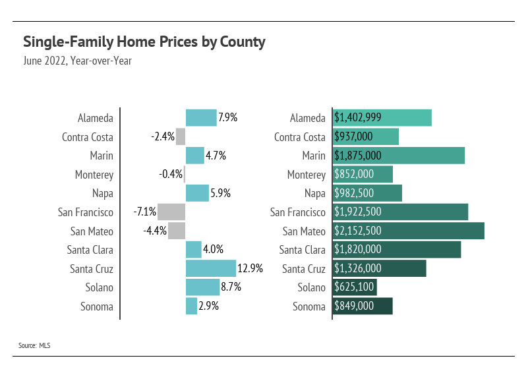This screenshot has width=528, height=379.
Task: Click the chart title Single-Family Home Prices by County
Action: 144,42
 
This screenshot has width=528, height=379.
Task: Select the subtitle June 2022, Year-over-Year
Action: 77,61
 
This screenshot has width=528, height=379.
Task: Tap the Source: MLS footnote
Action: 34,345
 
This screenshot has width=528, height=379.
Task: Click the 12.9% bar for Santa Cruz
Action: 211,268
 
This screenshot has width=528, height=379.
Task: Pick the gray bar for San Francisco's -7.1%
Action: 171,212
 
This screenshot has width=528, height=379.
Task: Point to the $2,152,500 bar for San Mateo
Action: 409,231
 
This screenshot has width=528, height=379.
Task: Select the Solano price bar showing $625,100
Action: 355,287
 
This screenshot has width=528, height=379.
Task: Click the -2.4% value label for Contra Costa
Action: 163,136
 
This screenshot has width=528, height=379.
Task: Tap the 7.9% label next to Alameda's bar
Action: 227,117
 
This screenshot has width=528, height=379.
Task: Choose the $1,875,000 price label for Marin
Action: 358,156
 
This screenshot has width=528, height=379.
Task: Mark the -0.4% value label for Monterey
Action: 171,174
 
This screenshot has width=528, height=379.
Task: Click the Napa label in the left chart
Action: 103,194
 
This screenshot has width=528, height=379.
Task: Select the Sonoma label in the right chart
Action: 309,306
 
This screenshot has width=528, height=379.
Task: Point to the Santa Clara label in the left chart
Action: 90,250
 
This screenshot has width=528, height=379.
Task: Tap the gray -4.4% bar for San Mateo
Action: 177,231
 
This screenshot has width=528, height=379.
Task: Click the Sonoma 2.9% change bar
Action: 191,306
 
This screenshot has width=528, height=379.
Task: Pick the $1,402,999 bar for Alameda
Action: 382,117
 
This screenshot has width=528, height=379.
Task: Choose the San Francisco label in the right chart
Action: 298,212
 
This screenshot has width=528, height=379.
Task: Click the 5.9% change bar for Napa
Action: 197,193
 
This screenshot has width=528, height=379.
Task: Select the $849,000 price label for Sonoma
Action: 354,306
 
